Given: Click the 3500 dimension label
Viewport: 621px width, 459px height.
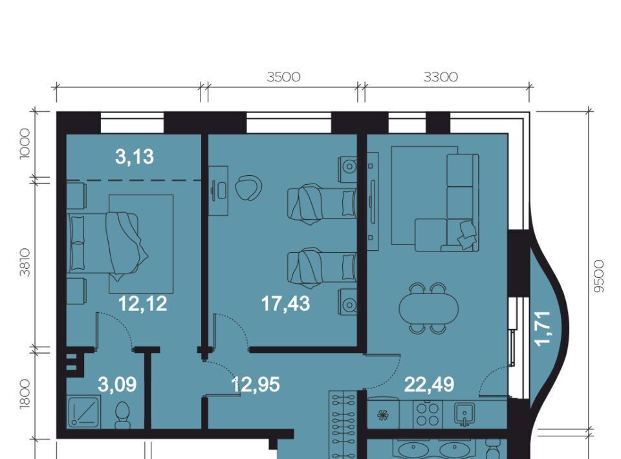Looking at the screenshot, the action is [x=283, y=77].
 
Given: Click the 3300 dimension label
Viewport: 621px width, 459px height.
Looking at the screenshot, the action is [x=441, y=77].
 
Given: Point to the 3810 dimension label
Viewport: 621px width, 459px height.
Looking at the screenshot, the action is [x=25, y=262].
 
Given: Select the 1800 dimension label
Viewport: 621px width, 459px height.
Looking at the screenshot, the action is [x=25, y=393].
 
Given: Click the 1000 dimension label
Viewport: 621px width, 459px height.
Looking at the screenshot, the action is [x=25, y=144].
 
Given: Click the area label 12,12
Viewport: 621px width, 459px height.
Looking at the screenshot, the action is [x=142, y=304].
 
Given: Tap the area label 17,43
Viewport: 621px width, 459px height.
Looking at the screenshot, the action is [x=285, y=304].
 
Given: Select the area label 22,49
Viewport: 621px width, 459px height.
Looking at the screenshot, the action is [x=430, y=384].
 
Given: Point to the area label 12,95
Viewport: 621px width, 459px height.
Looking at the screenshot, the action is [x=256, y=385].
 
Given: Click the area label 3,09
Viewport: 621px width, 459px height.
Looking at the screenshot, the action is [x=117, y=384].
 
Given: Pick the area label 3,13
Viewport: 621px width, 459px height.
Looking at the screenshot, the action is [x=135, y=156].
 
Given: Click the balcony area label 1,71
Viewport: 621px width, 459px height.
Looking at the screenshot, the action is [x=543, y=328].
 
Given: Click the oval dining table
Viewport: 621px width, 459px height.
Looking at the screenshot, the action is [x=428, y=308].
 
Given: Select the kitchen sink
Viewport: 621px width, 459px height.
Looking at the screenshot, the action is [x=464, y=414].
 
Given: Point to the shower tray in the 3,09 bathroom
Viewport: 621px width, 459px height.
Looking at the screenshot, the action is [x=83, y=412].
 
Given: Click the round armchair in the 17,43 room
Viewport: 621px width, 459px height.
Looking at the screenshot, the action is [x=248, y=188].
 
